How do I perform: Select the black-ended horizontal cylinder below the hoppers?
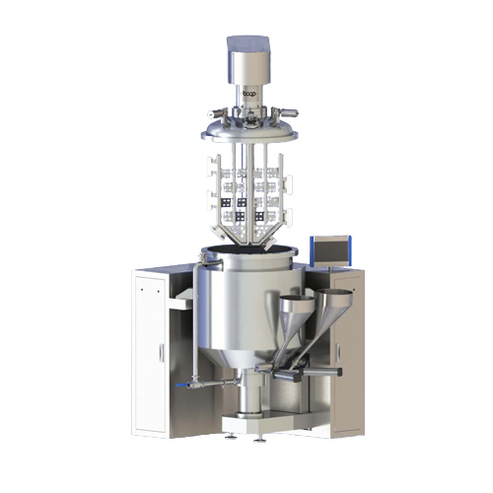[296, 374]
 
